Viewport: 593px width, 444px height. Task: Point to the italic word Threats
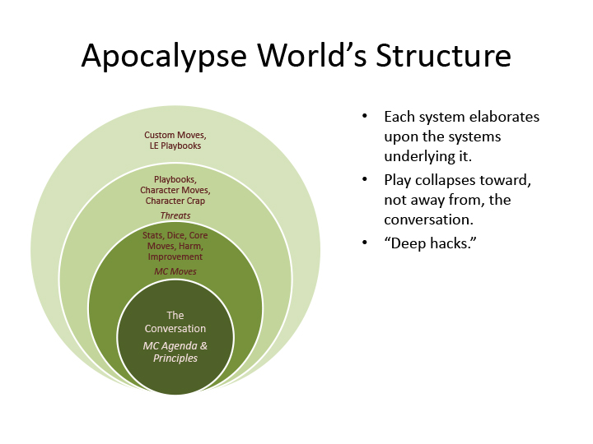[x=175, y=215]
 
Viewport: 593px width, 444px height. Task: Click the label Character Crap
[x=175, y=201]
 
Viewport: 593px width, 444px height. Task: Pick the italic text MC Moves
[x=175, y=271]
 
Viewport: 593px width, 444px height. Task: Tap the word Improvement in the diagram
[x=175, y=257]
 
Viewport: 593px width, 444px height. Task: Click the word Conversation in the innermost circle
[x=175, y=329]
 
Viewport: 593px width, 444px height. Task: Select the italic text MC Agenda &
[x=175, y=345]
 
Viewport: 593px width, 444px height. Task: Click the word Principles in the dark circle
[x=175, y=358]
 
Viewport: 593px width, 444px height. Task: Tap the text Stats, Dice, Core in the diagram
[x=175, y=235]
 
